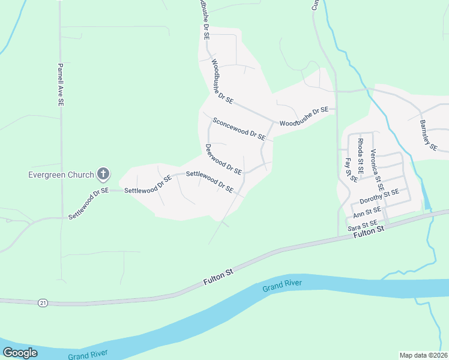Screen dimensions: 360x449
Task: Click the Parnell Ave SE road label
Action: [x=60, y=85]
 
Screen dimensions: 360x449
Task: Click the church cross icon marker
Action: [x=103, y=175]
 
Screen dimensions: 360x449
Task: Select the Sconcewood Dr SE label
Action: [x=239, y=128]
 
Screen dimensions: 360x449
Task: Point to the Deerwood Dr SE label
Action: [x=223, y=159]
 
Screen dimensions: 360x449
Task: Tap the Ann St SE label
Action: [x=367, y=212]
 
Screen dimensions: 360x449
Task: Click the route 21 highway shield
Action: [x=43, y=303]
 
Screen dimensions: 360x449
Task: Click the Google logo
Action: [x=20, y=352]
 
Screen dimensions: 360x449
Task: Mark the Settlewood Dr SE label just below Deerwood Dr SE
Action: [x=209, y=182]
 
